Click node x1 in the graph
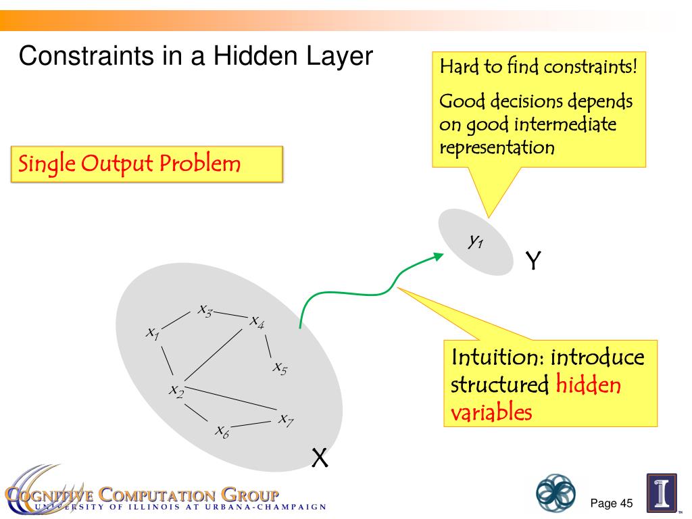pyautogui.click(x=153, y=332)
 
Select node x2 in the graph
pyautogui.click(x=176, y=390)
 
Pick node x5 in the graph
pyautogui.click(x=280, y=368)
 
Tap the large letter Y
pyautogui.click(x=534, y=260)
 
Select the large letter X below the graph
pyautogui.click(x=320, y=459)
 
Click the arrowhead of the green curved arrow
pyautogui.click(x=439, y=255)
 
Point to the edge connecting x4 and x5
pyautogui.click(x=268, y=345)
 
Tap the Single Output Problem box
pyautogui.click(x=146, y=164)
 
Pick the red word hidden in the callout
pyautogui.click(x=588, y=385)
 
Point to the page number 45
pyautogui.click(x=625, y=503)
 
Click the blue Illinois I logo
pyautogui.click(x=662, y=493)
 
